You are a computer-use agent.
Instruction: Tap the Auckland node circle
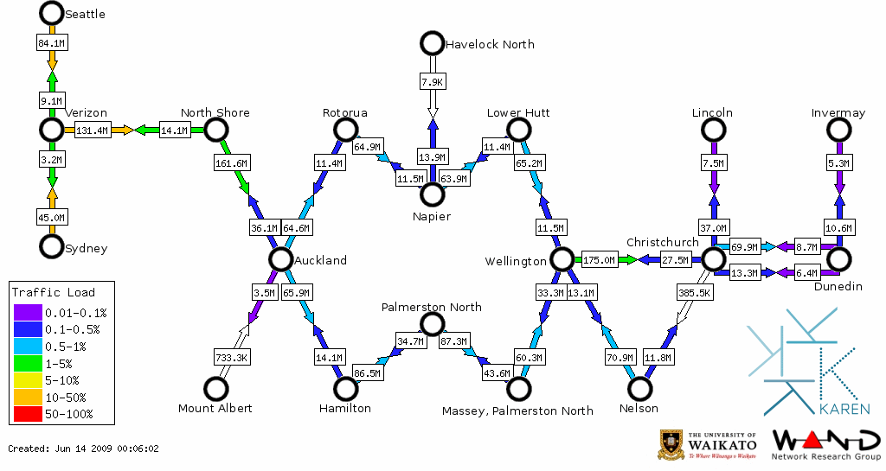coord(279,259)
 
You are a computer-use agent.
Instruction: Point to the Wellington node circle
coord(562,259)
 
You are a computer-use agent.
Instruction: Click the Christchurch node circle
coord(713,259)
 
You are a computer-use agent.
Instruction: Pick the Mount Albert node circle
coord(215,389)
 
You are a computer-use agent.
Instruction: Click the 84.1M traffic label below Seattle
coord(52,41)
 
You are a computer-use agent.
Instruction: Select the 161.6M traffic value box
coord(231,162)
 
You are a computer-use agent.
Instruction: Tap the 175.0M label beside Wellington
coord(599,259)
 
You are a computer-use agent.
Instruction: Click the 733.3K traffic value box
coord(231,356)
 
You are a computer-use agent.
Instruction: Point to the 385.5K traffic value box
coord(695,293)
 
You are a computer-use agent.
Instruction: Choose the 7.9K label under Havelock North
coord(432,81)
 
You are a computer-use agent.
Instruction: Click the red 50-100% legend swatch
coord(26,414)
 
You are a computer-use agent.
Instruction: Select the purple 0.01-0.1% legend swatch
coord(26,313)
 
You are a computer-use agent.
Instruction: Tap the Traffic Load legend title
coord(53,292)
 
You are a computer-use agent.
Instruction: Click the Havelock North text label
coord(489,44)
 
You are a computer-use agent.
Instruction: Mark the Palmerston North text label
coord(432,307)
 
